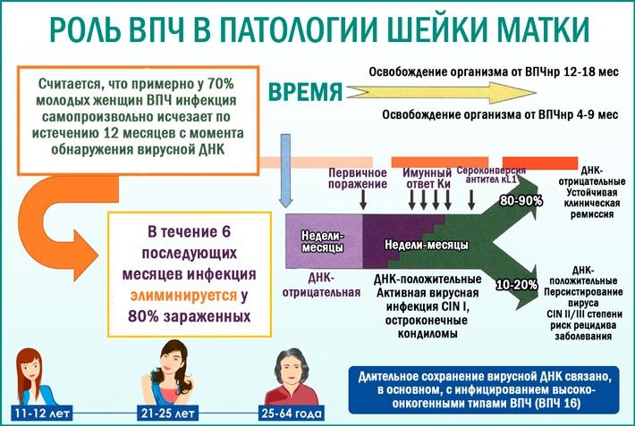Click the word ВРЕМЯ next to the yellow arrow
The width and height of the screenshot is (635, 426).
coord(306,92)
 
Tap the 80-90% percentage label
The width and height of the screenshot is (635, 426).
coord(521,201)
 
